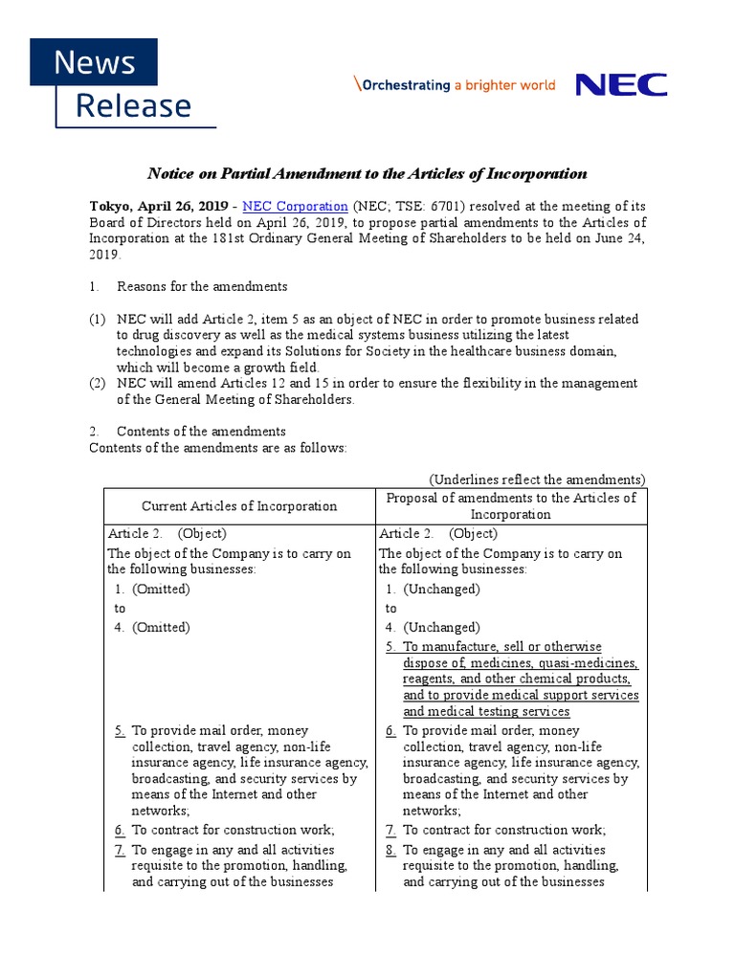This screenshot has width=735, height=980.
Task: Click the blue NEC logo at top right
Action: pyautogui.click(x=621, y=85)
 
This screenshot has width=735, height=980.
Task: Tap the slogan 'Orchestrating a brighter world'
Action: pyautogui.click(x=456, y=85)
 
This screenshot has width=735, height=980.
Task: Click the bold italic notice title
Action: pyautogui.click(x=367, y=173)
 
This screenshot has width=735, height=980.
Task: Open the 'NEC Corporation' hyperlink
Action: pyautogui.click(x=296, y=206)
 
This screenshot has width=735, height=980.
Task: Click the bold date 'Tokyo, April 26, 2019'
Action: pyautogui.click(x=159, y=206)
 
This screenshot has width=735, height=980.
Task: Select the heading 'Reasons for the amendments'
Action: pyautogui.click(x=202, y=286)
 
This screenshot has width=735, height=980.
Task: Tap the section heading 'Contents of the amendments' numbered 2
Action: pyautogui.click(x=201, y=432)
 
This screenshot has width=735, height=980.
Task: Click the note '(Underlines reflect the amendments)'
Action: pyautogui.click(x=537, y=479)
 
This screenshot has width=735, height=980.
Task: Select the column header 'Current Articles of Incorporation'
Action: pyautogui.click(x=239, y=506)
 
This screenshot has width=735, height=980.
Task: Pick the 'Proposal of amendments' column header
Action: pyautogui.click(x=510, y=506)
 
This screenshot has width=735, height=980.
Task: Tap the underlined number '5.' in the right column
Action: pyautogui.click(x=391, y=647)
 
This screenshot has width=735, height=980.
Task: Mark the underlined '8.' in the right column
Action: pyautogui.click(x=391, y=850)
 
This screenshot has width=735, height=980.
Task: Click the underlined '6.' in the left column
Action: pyautogui.click(x=120, y=831)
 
